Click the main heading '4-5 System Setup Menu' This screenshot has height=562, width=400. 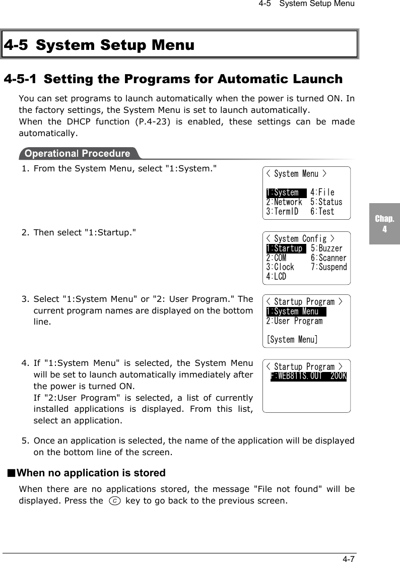99,45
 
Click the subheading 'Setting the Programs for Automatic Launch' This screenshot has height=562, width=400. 173,80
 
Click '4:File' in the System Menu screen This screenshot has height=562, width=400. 322,193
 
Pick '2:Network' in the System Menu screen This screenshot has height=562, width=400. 284,202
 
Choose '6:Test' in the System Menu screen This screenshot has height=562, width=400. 322,212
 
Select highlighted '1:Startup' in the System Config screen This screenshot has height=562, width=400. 285,248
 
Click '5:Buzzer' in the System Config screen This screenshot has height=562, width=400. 326,248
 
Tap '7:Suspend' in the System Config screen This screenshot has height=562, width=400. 328,267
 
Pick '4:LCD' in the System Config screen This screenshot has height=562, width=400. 276,277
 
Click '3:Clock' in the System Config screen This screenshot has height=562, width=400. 280,267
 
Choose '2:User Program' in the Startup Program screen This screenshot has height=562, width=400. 294,321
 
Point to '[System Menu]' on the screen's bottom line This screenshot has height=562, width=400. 292,340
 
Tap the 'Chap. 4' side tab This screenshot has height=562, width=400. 384,224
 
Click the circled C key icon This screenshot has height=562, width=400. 114,501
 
